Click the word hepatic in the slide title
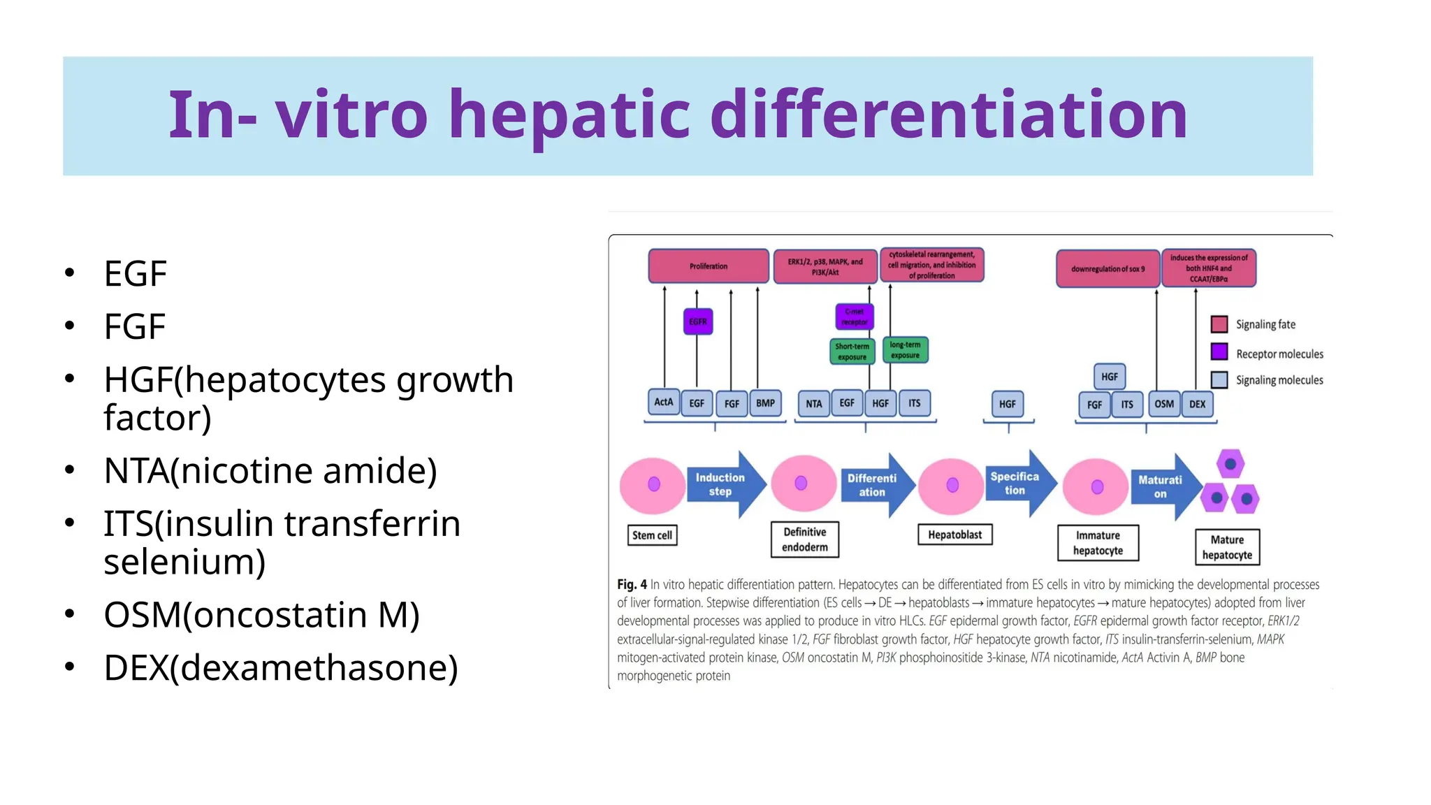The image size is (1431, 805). tap(569, 116)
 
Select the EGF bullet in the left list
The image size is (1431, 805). tap(135, 273)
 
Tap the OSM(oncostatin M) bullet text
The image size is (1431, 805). tap(261, 615)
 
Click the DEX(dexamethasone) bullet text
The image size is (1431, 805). tap(280, 667)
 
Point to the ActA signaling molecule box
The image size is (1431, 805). tap(663, 402)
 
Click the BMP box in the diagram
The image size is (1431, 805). tap(765, 403)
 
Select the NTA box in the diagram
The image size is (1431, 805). tap(813, 404)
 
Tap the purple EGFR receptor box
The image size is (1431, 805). tap(697, 321)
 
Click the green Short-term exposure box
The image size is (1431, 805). tap(852, 351)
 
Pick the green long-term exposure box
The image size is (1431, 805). tap(905, 350)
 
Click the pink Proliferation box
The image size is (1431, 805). tap(708, 266)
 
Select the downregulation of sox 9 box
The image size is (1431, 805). tap(1107, 268)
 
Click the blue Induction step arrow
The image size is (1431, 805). tap(724, 484)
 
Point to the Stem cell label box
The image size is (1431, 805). tap(652, 535)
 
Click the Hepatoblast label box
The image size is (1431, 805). tap(954, 535)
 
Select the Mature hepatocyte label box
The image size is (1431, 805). tap(1226, 547)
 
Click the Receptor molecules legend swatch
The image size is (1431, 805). tap(1219, 351)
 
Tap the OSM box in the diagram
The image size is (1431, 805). tap(1163, 404)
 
